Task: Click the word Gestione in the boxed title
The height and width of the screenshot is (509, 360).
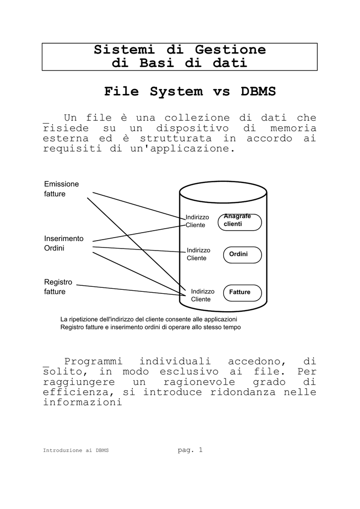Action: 230,50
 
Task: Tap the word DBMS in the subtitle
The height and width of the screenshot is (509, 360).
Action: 258,91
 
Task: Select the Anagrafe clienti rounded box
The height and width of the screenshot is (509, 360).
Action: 240,222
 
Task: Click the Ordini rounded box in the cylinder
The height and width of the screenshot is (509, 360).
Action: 242,255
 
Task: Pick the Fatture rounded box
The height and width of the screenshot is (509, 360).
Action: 242,293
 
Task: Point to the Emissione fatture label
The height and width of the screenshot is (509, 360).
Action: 61,189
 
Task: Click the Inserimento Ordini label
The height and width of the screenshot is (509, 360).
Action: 64,243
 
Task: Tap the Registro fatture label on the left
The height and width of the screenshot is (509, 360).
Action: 58,287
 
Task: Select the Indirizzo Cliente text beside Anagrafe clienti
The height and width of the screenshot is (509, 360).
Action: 197,221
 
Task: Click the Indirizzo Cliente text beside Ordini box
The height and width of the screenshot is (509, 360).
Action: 198,254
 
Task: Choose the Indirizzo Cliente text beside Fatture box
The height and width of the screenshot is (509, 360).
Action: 202,295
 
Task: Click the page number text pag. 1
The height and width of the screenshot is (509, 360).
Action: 190,449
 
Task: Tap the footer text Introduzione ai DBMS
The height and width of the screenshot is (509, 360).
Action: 76,450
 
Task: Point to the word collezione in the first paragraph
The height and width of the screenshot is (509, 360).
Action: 197,117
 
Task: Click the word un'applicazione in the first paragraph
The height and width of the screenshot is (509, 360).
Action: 183,149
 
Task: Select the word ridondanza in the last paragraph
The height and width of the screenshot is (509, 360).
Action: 243,392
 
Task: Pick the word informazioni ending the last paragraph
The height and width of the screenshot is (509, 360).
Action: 83,402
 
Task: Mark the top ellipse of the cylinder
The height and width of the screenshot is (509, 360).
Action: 223,192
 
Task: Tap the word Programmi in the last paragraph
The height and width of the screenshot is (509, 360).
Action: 93,362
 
